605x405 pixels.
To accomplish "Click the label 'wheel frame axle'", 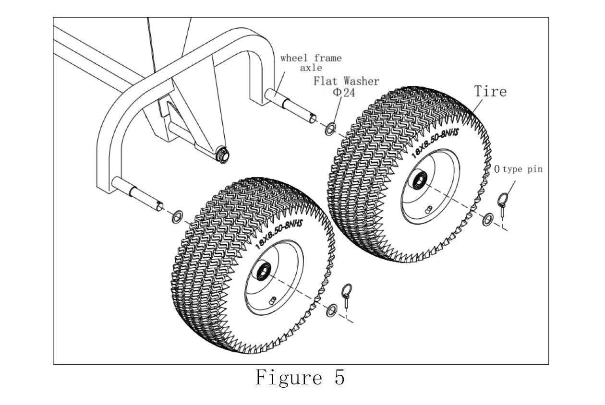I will tap(311, 63).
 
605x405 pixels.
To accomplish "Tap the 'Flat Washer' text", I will tap(346, 81).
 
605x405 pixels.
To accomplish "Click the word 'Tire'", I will tap(490, 91).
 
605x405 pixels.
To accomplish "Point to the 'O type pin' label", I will tap(519, 169).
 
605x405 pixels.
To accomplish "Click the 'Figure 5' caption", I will tap(300, 378).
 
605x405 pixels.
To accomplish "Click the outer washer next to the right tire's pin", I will tap(488, 219).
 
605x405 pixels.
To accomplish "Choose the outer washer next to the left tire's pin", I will tap(331, 310).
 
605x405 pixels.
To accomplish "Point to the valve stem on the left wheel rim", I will tap(272, 300).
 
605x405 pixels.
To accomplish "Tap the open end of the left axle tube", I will tap(160, 206).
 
